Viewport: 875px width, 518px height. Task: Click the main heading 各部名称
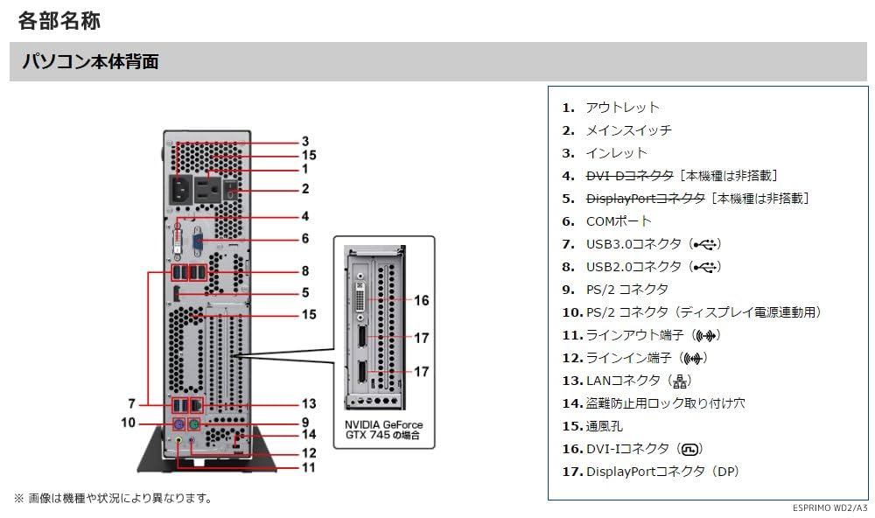(x=59, y=20)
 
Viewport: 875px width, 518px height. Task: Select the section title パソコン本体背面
(x=89, y=62)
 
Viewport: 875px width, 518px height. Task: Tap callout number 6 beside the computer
(x=304, y=238)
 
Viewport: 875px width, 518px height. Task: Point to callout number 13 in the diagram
(x=308, y=404)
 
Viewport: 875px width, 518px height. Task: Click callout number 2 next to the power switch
(x=305, y=188)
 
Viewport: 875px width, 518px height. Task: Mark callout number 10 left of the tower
(x=128, y=423)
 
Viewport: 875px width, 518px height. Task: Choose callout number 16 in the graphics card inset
(x=421, y=300)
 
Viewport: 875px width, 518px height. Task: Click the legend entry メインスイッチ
(x=628, y=130)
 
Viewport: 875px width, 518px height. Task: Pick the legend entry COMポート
(x=619, y=221)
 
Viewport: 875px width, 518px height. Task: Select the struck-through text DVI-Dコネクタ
(x=629, y=176)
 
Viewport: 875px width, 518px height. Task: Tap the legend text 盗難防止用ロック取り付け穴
(x=665, y=403)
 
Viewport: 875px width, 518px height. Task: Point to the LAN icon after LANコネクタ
(x=680, y=381)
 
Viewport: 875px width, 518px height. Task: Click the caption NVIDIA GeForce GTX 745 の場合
(x=383, y=429)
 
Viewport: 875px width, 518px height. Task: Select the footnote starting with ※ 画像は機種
(x=112, y=498)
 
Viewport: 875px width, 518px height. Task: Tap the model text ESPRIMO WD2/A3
(x=831, y=508)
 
